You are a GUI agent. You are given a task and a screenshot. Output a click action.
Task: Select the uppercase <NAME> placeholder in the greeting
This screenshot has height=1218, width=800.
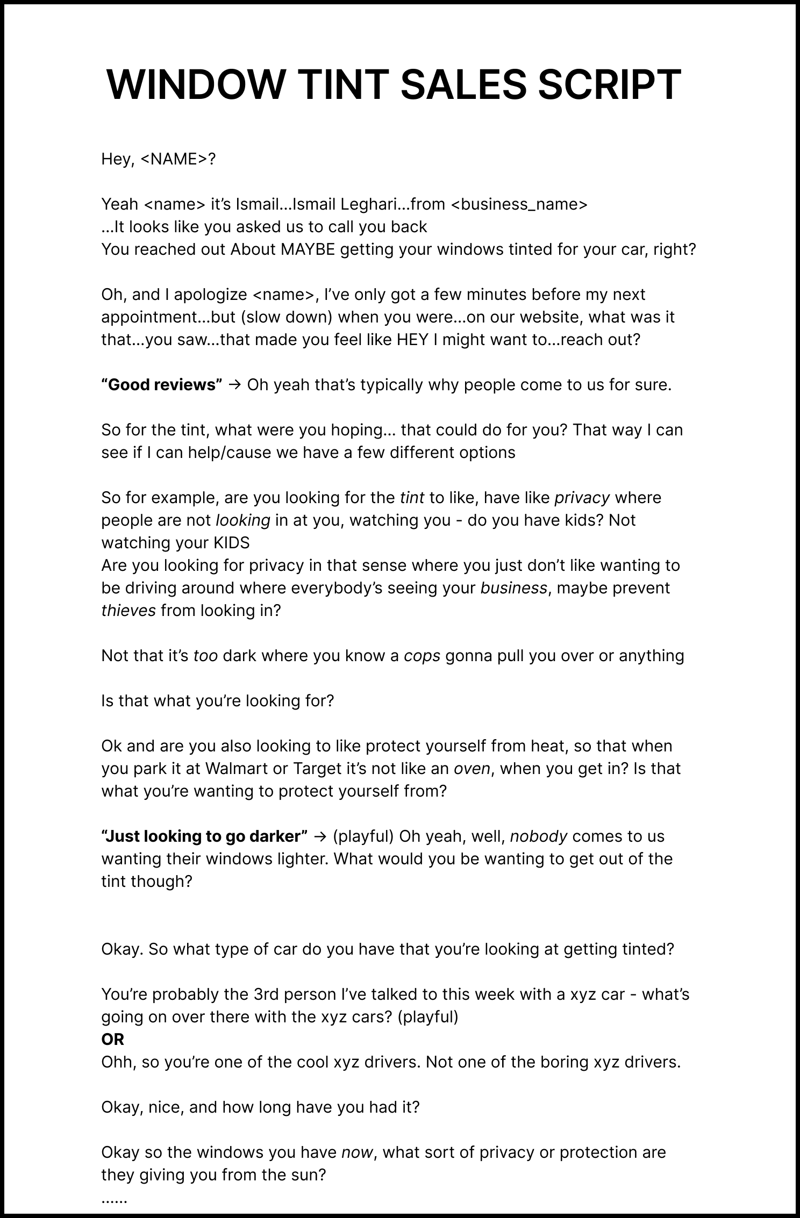point(174,159)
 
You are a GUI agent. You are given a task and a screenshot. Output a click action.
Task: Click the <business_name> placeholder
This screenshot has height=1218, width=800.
point(519,204)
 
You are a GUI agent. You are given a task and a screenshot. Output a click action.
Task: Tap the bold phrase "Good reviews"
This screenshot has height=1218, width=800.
point(162,385)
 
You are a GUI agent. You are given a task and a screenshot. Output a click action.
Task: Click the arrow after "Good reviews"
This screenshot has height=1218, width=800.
point(234,385)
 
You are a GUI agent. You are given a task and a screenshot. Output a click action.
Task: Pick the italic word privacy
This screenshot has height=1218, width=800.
point(582,498)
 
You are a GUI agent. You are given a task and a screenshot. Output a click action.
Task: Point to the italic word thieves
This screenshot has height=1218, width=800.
point(128,611)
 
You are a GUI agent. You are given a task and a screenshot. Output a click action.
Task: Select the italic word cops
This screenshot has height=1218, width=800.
point(422,656)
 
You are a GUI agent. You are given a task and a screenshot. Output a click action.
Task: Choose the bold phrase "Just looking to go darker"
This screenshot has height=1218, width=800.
point(204,836)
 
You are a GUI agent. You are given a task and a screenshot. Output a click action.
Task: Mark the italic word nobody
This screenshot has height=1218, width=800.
point(539,836)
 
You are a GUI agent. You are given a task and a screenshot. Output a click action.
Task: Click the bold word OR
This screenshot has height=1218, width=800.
point(113,1040)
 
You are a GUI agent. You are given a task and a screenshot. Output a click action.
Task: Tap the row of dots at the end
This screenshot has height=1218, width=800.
point(114,1199)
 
